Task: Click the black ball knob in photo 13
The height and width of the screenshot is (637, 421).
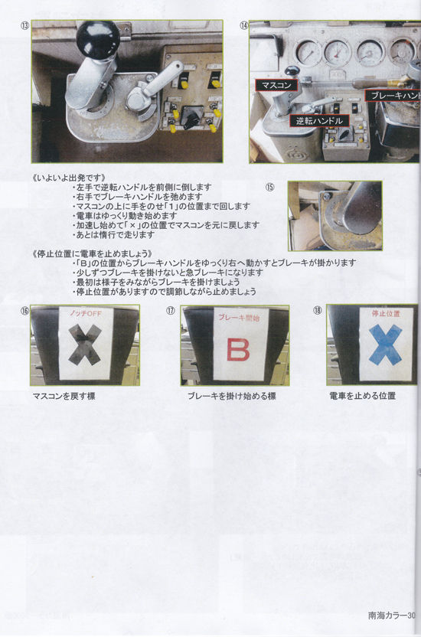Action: click(99, 36)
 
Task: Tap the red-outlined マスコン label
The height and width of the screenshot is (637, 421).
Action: click(276, 84)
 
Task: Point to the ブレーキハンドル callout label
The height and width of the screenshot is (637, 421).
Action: click(393, 95)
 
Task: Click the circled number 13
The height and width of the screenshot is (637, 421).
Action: click(25, 25)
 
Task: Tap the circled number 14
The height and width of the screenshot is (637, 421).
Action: click(244, 25)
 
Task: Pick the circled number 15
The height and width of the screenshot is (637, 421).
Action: click(269, 187)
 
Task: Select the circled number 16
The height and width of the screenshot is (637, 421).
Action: click(25, 311)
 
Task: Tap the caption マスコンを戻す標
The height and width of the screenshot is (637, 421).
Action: click(64, 397)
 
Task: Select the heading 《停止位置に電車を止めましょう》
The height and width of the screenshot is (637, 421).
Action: click(93, 253)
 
